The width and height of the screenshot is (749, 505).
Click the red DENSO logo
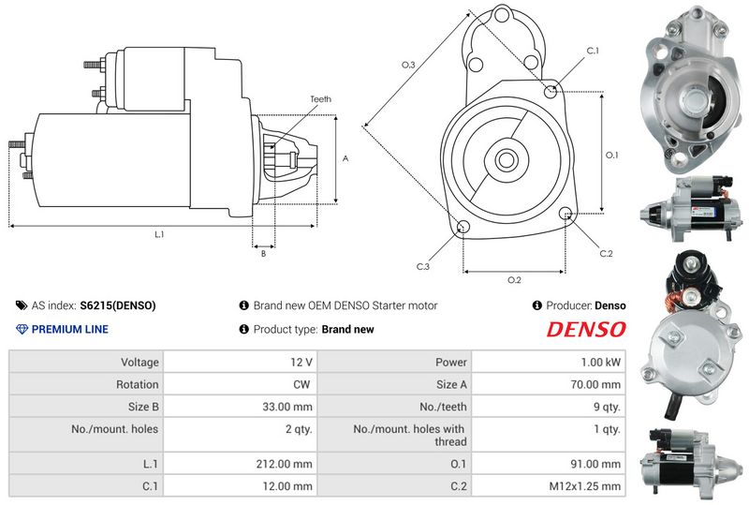586,329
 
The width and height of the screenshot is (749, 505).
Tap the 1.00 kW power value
599,362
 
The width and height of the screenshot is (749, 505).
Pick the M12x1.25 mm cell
585,486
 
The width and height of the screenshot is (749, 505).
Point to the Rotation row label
138,384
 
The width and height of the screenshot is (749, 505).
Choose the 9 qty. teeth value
606,407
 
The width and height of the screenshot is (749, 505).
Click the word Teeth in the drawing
320,99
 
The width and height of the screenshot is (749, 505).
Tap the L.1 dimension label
159,233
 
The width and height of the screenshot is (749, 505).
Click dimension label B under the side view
263,253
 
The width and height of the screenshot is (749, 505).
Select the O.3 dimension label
408,65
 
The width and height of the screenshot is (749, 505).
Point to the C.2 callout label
606,253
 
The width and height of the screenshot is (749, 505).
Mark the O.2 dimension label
514,279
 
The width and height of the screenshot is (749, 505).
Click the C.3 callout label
423,267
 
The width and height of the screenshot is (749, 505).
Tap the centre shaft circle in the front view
507,158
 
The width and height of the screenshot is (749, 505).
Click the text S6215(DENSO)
118,304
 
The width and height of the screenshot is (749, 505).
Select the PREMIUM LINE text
70,329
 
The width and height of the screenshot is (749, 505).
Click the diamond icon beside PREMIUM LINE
22,329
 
